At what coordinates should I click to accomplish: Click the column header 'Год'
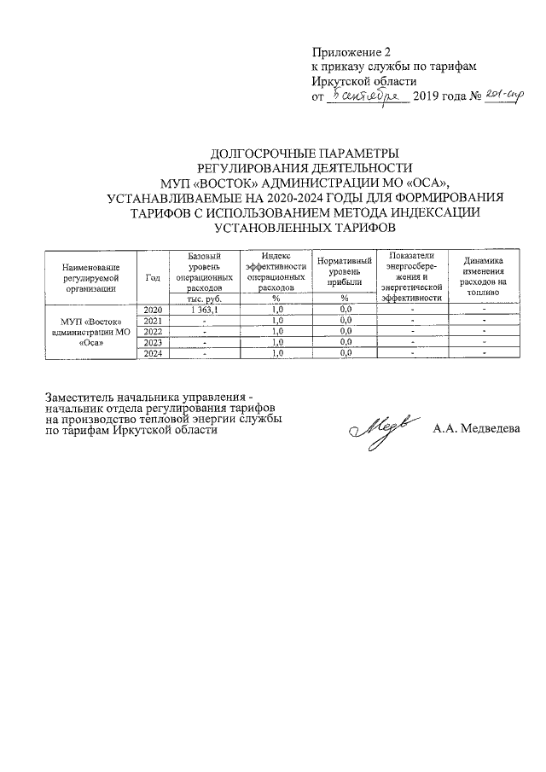(x=153, y=276)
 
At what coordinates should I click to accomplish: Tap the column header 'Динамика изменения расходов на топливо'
(x=482, y=276)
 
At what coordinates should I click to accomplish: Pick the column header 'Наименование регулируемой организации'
(x=91, y=276)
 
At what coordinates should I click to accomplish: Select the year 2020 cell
(x=153, y=309)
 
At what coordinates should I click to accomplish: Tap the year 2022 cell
(x=153, y=331)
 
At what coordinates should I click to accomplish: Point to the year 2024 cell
(x=153, y=353)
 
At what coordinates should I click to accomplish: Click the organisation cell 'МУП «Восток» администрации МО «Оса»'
(x=91, y=331)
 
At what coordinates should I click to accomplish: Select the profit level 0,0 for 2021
(x=346, y=320)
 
